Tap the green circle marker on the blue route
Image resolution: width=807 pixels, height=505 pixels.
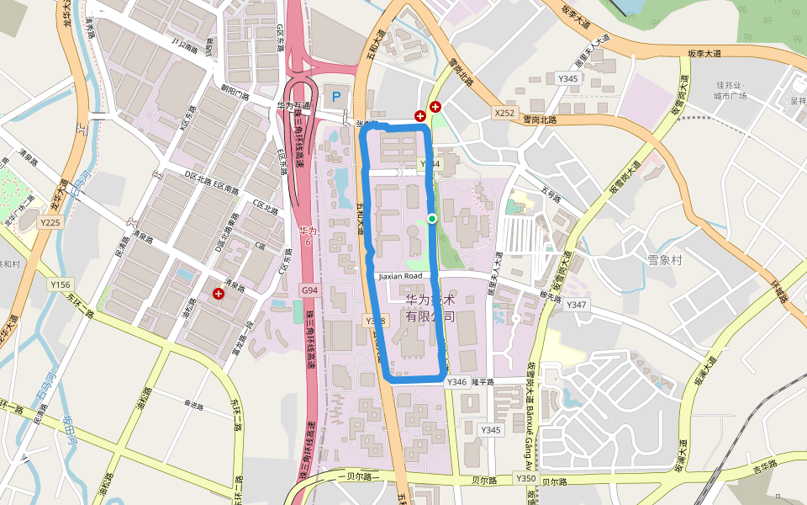[432, 219]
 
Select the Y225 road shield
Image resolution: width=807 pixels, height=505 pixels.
[50, 222]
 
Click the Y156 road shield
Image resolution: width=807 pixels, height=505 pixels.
[61, 284]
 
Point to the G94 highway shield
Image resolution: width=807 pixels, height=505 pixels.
[310, 290]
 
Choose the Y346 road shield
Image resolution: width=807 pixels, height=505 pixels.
[456, 382]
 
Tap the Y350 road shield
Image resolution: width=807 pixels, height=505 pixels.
[525, 478]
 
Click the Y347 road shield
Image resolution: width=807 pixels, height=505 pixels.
[577, 304]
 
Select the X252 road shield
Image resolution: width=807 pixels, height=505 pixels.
[504, 112]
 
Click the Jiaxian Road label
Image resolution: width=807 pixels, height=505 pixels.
[400, 276]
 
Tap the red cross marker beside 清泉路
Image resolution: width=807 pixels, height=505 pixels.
[219, 294]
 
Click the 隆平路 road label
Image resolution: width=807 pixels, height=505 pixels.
[485, 382]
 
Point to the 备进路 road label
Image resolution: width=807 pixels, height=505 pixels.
[193, 406]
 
